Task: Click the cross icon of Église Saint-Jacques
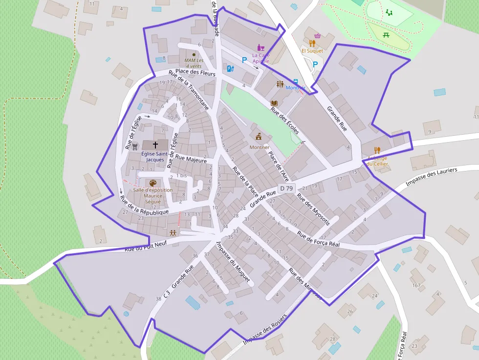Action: click(x=155, y=145)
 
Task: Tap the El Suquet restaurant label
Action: click(x=312, y=51)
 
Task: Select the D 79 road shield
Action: click(x=286, y=188)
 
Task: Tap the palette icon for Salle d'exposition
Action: click(x=153, y=183)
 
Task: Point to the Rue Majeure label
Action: click(x=191, y=159)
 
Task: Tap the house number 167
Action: click(x=416, y=285)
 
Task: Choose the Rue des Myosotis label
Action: click(x=313, y=210)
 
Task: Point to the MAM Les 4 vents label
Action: click(x=193, y=63)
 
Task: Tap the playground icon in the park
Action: click(x=389, y=12)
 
